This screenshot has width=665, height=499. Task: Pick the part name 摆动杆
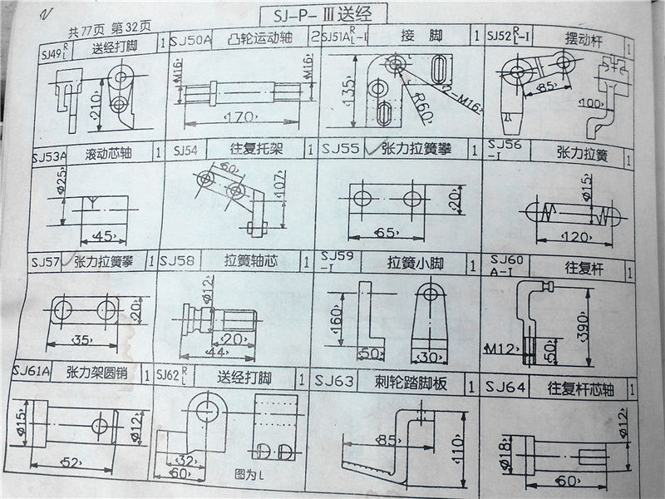coord(583,39)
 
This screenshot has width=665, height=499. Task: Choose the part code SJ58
coord(177,261)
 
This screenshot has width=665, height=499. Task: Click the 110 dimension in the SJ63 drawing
coord(456,444)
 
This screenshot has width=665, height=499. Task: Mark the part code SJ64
coord(505,387)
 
